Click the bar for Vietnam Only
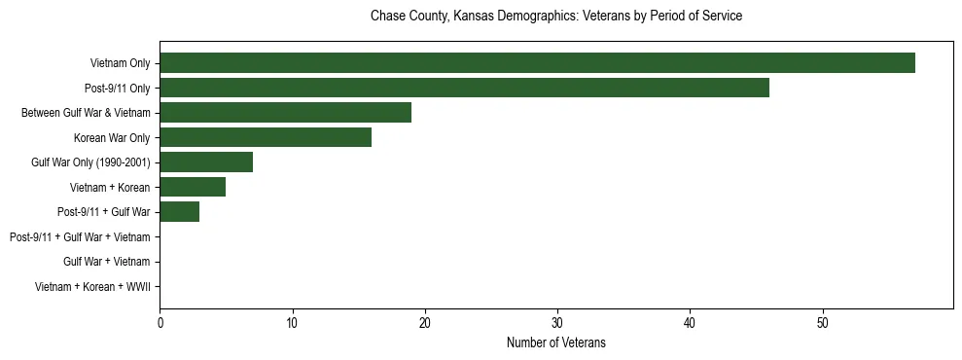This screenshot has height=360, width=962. pyautogui.click(x=537, y=63)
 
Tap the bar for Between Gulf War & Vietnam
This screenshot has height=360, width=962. pyautogui.click(x=285, y=113)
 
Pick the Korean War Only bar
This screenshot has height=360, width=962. pyautogui.click(x=266, y=137)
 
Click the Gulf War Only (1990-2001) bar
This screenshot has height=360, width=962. pyautogui.click(x=206, y=162)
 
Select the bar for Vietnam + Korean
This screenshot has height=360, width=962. pyautogui.click(x=193, y=187)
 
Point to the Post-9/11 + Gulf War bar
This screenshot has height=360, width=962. pyautogui.click(x=179, y=211)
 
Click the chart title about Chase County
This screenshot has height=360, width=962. pyautogui.click(x=556, y=17)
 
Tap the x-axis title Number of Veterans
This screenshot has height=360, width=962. pyautogui.click(x=556, y=342)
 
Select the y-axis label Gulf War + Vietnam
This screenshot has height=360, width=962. pyautogui.click(x=106, y=262)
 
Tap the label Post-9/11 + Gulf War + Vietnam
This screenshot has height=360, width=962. pyautogui.click(x=80, y=236)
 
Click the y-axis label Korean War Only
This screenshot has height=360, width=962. pyautogui.click(x=112, y=137)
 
